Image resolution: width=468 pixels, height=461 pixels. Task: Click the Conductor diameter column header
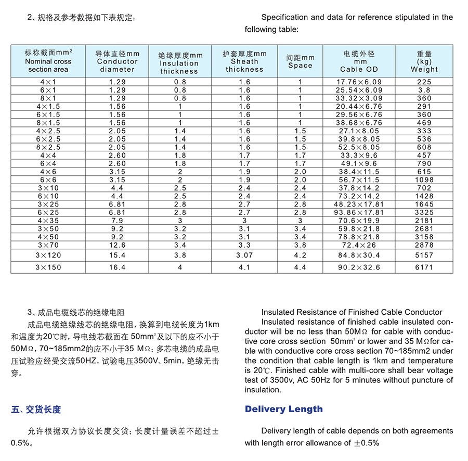coord(117,61)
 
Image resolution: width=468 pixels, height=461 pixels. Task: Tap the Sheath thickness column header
coord(244,61)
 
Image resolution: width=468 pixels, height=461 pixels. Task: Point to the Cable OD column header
coord(359,61)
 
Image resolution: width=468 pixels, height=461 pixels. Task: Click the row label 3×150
coord(48,267)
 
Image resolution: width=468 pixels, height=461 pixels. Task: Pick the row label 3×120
coord(48,255)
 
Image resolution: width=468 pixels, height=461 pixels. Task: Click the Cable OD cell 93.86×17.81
coord(359,212)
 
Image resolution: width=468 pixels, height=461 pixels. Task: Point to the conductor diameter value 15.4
coord(117,255)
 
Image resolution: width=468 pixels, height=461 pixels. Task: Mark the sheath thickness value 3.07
coord(244,255)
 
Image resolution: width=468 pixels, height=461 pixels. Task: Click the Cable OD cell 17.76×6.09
coord(359,82)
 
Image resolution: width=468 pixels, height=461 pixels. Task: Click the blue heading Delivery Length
coord(283,409)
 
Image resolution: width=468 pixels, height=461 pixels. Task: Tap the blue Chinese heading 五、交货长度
coord(36,409)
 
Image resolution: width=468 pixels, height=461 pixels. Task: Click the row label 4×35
coord(48,221)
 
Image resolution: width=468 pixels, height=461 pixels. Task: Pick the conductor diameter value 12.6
coord(117,245)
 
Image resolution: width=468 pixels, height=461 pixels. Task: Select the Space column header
coord(300,61)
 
